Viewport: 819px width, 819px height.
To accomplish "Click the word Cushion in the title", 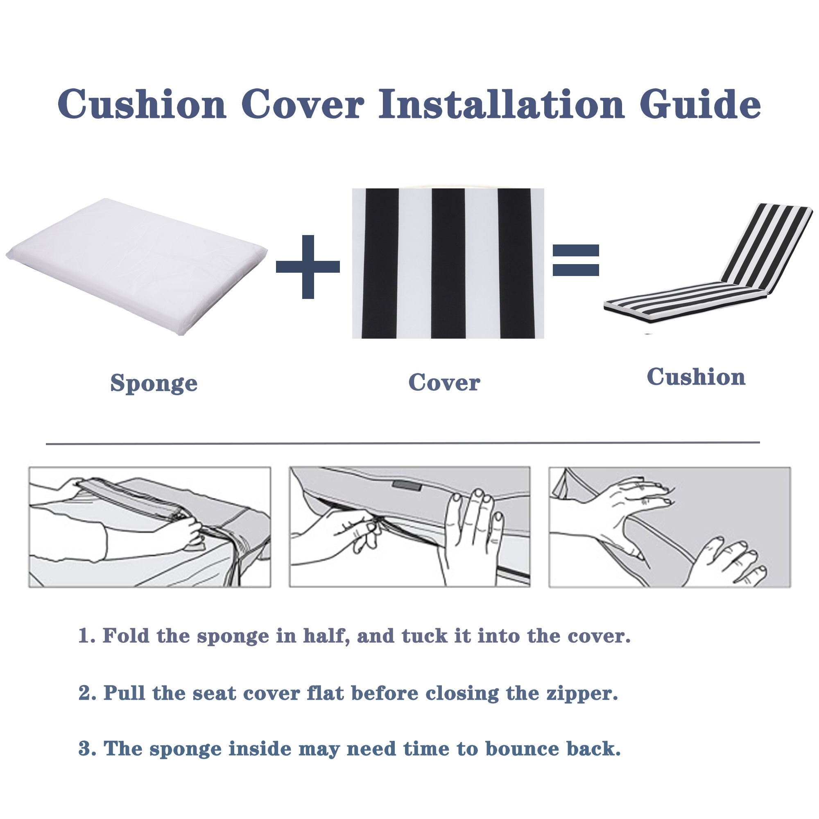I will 142,104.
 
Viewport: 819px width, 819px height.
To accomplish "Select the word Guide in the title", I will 700,104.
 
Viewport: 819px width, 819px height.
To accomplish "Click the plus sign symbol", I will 308,266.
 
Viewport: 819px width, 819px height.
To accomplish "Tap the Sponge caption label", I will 154,383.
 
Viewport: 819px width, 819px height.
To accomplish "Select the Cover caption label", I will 444,382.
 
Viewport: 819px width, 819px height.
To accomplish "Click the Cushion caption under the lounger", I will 696,376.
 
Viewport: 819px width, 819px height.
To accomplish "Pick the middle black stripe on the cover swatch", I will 448,263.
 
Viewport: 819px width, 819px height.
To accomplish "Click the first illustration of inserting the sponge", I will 149,527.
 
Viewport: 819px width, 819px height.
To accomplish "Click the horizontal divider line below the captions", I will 403,443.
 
